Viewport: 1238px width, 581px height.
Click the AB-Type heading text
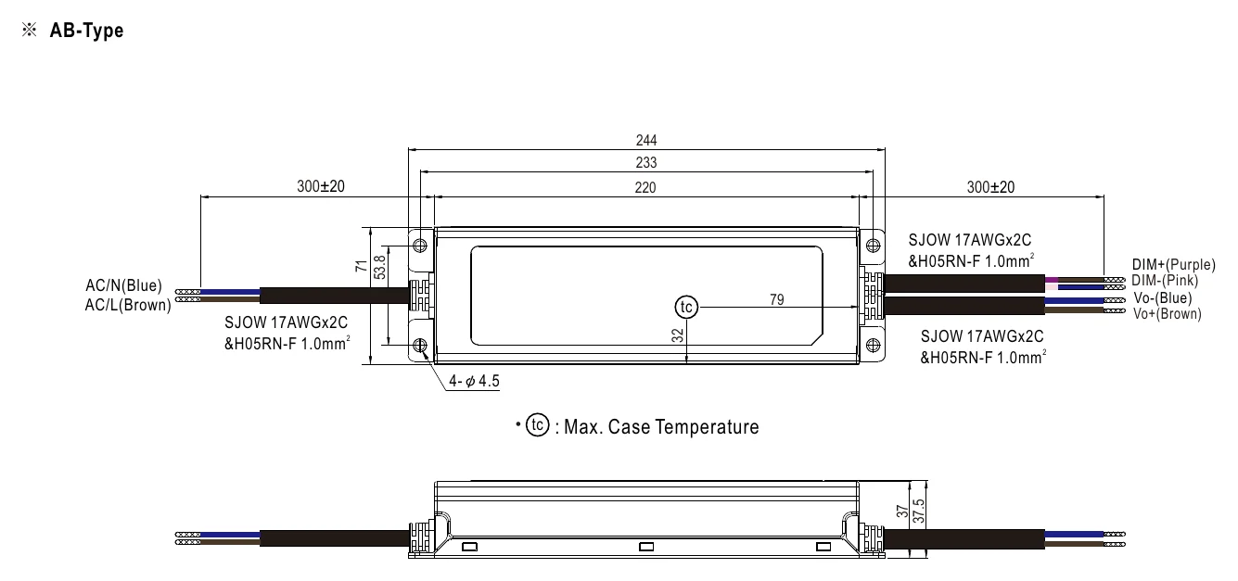pyautogui.click(x=87, y=31)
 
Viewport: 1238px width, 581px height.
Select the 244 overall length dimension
pyautogui.click(x=646, y=140)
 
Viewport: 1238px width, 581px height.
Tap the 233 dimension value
pyautogui.click(x=646, y=162)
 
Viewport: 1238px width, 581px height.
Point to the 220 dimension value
pyautogui.click(x=645, y=188)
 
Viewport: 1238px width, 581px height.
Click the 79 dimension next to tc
pyautogui.click(x=776, y=299)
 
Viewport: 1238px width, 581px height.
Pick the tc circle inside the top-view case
pyautogui.click(x=686, y=307)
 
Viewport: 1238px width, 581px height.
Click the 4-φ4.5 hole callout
pyautogui.click(x=474, y=381)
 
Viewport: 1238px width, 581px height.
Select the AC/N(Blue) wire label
pyautogui.click(x=124, y=285)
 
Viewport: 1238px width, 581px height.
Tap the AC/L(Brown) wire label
pyautogui.click(x=128, y=305)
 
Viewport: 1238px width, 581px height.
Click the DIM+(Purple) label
pyautogui.click(x=1173, y=264)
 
